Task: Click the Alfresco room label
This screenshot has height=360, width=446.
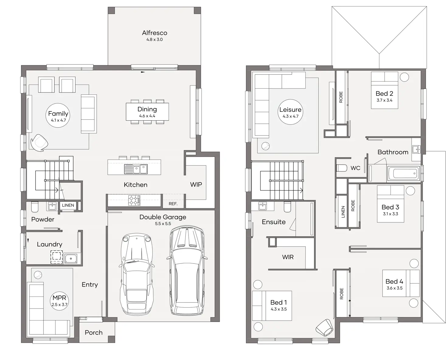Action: coord(155,33)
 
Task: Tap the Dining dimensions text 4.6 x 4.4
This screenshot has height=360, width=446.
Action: coord(147,116)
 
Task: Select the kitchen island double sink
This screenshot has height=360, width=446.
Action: coord(136,169)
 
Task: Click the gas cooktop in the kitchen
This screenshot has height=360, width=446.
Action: coord(134,201)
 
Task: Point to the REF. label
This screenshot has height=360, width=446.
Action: coord(173,204)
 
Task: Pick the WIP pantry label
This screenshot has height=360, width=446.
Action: coord(196,184)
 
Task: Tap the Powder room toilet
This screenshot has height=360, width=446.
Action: coord(35,207)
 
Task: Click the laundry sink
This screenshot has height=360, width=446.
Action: coord(71,259)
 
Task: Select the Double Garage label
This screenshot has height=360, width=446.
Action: coord(163,217)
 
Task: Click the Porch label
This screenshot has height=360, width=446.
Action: coord(94,332)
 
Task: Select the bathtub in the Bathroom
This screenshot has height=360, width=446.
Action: coord(403,173)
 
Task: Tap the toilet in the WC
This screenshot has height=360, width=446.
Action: coord(341,168)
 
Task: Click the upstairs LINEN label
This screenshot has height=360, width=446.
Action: coord(343,211)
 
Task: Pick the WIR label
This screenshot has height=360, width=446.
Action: coord(288,257)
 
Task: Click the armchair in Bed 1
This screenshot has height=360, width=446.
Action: coord(325,328)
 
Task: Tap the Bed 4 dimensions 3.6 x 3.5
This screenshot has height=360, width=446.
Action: coord(394,288)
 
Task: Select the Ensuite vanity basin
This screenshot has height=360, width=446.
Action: coord(263,206)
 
